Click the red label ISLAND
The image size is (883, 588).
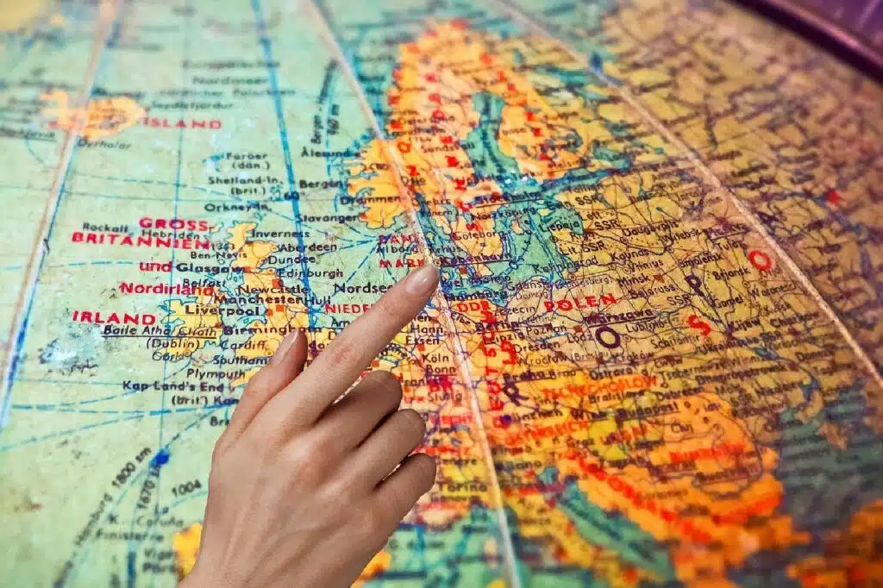(182, 123)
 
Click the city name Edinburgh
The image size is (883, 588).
(310, 272)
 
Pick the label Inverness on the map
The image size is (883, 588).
(279, 234)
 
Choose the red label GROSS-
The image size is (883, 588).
(173, 223)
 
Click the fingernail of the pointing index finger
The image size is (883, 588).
(422, 278)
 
